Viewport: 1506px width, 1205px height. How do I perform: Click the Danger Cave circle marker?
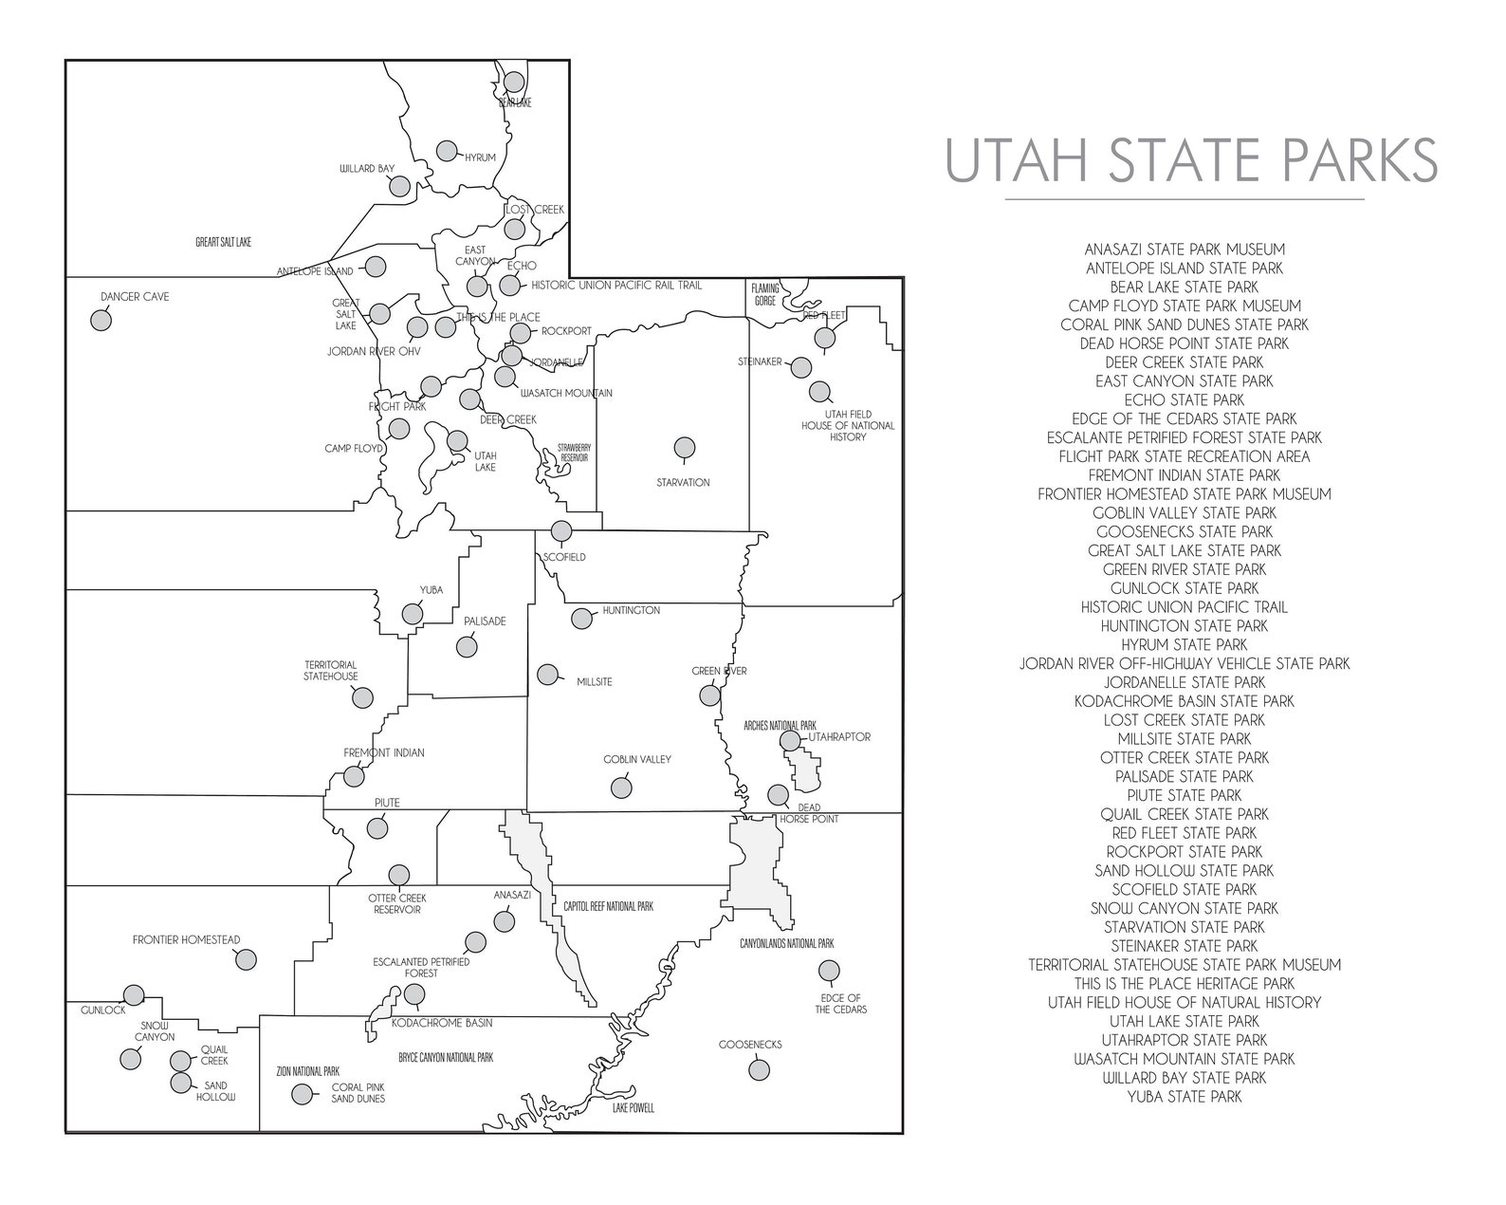click(x=101, y=320)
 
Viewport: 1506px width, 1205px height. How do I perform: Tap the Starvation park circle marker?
click(x=685, y=447)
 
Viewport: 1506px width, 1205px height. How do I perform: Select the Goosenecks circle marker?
click(x=758, y=1069)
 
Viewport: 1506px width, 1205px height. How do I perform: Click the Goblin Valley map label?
click(x=637, y=760)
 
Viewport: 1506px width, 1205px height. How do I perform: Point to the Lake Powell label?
click(x=633, y=1108)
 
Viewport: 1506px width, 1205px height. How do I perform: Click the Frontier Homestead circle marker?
click(x=246, y=959)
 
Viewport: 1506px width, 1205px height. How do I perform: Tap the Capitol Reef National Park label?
click(x=608, y=907)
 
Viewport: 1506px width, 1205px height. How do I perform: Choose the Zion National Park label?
click(x=307, y=1069)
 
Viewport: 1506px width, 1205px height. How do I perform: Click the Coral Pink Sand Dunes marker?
click(x=303, y=1094)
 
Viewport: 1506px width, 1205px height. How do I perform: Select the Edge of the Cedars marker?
click(x=829, y=970)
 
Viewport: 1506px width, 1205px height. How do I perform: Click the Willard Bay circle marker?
click(x=399, y=186)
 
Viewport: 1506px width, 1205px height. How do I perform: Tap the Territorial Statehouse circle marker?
click(x=361, y=698)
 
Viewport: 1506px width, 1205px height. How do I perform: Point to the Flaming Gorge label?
click(x=765, y=294)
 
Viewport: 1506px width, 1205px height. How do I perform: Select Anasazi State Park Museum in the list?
click(x=1185, y=250)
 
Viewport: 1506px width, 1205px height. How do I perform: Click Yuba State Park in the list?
click(x=1185, y=1097)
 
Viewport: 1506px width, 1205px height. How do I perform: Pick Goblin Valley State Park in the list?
click(x=1185, y=513)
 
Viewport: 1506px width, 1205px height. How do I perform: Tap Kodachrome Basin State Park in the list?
click(x=1185, y=701)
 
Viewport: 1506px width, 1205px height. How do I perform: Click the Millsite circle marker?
click(x=547, y=675)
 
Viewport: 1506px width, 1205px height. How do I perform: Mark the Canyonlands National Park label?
click(x=786, y=944)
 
